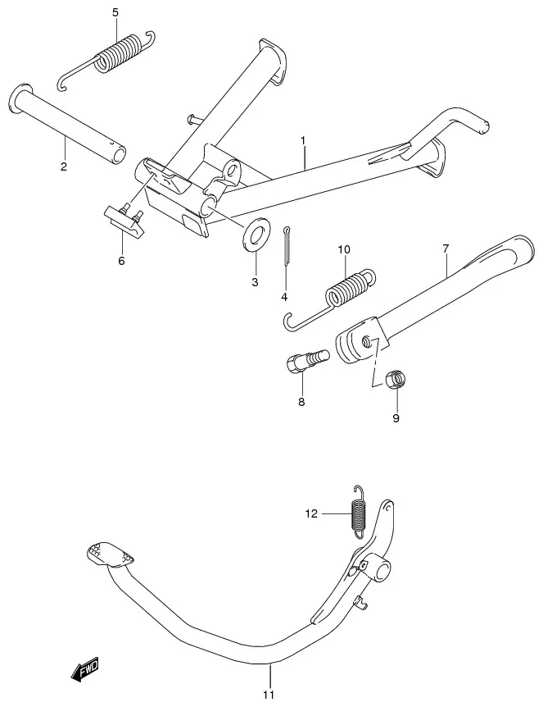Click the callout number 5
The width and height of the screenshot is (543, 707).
(x=115, y=12)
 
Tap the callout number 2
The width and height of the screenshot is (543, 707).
(x=64, y=166)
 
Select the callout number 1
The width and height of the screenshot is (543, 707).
(x=304, y=141)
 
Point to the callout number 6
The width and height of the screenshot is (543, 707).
(x=121, y=261)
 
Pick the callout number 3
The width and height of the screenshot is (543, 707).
(x=255, y=282)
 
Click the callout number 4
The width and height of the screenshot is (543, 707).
(x=284, y=297)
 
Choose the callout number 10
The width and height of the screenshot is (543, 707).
(x=344, y=249)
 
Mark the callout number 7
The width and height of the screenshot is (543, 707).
(x=446, y=249)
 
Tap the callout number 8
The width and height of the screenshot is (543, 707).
(x=301, y=401)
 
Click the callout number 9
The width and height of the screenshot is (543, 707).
(x=396, y=418)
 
